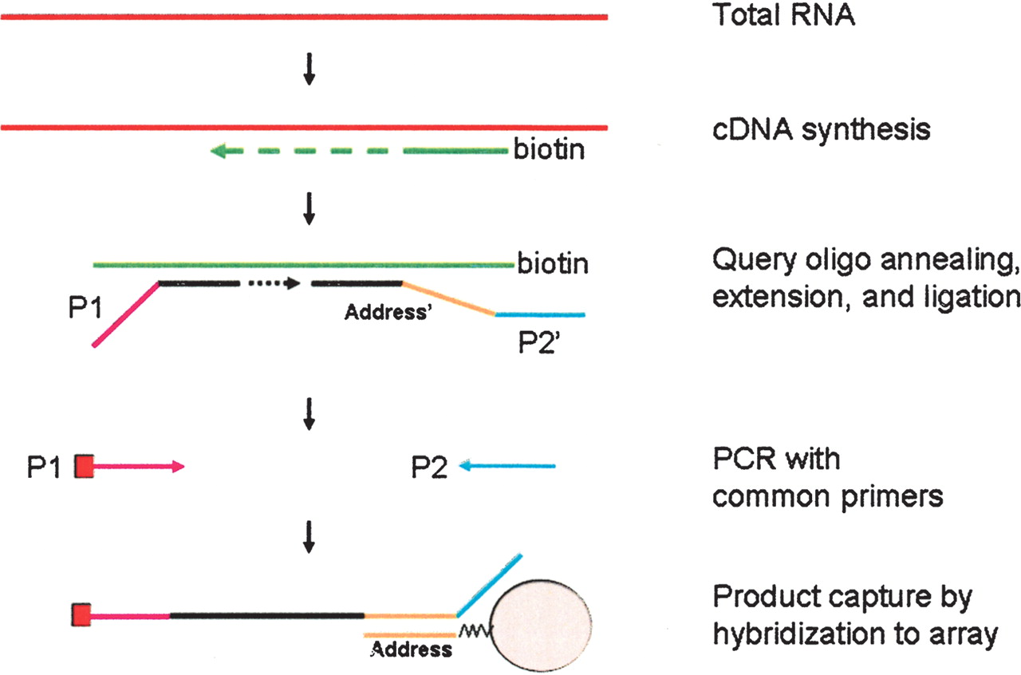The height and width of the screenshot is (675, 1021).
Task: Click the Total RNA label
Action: pyautogui.click(x=783, y=16)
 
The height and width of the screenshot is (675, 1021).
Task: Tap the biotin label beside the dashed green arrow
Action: pyautogui.click(x=551, y=150)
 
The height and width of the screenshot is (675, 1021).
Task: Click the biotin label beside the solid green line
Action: pyautogui.click(x=553, y=263)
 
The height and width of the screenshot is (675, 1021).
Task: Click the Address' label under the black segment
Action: pyautogui.click(x=388, y=314)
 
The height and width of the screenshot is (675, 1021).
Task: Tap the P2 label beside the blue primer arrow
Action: pyautogui.click(x=429, y=468)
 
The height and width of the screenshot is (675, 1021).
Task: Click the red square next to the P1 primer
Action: pyautogui.click(x=85, y=467)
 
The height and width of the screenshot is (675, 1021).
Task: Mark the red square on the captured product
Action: pyautogui.click(x=82, y=615)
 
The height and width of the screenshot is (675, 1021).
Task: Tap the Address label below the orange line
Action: pyautogui.click(x=412, y=649)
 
